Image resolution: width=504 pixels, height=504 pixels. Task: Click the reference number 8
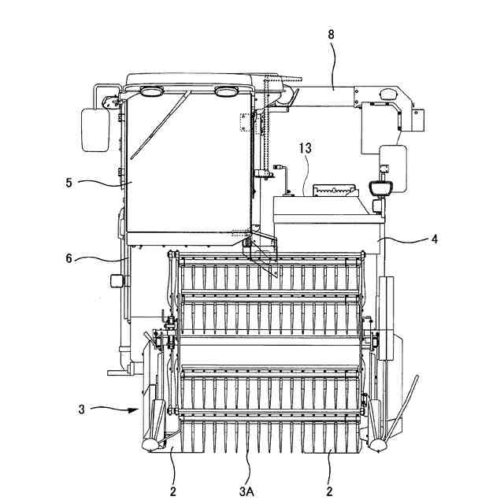tap(331, 35)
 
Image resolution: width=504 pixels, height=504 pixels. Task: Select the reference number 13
tap(305, 148)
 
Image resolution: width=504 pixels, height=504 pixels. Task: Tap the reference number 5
tap(69, 183)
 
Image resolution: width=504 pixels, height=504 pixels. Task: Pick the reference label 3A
tap(246, 491)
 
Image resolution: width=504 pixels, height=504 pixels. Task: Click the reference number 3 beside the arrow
tap(81, 409)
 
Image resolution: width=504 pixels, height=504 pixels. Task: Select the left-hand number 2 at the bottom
tap(173, 491)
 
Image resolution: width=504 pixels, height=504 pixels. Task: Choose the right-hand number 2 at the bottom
tap(329, 491)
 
